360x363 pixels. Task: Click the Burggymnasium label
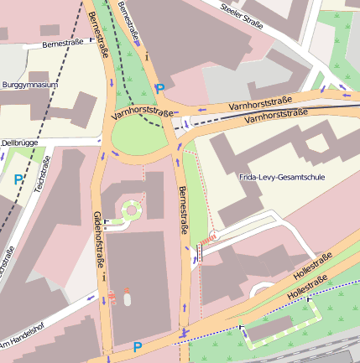(30, 86)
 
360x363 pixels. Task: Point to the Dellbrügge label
(20, 143)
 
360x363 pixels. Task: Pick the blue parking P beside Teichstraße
(18, 179)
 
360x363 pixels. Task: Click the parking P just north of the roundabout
(159, 87)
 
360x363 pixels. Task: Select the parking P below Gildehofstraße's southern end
(138, 346)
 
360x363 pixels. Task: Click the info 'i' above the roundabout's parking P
(146, 57)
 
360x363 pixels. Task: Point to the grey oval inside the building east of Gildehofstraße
(127, 296)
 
